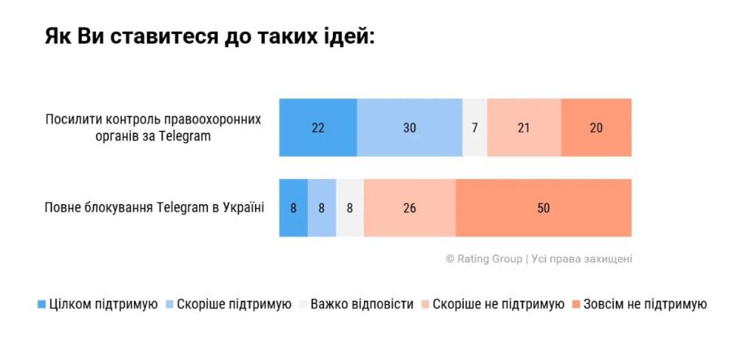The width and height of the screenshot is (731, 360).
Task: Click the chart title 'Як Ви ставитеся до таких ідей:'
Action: (x=210, y=39)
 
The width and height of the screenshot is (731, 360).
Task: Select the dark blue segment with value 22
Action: (x=318, y=127)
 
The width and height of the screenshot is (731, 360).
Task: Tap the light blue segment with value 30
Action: (x=409, y=127)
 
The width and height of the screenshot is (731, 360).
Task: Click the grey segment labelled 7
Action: (x=475, y=127)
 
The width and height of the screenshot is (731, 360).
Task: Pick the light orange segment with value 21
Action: (x=524, y=127)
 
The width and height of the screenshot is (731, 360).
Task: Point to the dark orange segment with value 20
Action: (x=596, y=127)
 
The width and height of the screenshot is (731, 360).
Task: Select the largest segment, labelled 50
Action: (x=543, y=207)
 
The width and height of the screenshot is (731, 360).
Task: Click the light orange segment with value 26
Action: (x=409, y=207)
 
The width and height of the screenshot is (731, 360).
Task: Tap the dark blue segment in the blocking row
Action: (x=293, y=207)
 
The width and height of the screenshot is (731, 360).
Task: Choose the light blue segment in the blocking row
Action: (x=322, y=207)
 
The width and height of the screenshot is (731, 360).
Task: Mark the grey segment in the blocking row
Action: (x=350, y=207)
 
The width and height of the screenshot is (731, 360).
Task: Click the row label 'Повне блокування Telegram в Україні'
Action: (x=154, y=207)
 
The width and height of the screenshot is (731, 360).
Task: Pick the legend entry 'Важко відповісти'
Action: (x=357, y=305)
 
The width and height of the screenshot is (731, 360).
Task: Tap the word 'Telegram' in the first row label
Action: (x=185, y=136)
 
